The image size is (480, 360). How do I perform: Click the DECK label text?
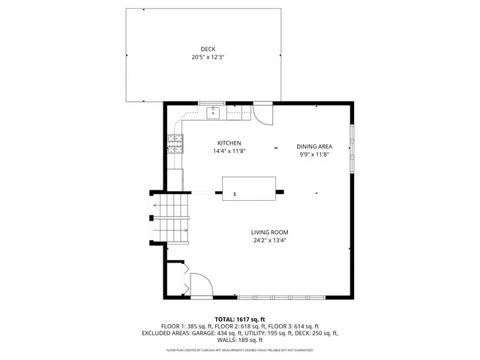[197, 49]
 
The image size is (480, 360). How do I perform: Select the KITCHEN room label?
[229, 142]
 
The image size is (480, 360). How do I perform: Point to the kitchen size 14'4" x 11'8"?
[229, 151]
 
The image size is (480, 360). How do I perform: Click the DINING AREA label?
[314, 146]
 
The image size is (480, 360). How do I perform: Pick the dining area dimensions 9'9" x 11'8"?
[314, 154]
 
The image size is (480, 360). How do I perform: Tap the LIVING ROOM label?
[270, 232]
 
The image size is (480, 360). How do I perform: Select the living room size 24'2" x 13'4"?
[270, 240]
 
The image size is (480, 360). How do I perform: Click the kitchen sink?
[213, 113]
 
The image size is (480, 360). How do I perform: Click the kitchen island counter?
[248, 187]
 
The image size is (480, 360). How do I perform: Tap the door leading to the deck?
[262, 112]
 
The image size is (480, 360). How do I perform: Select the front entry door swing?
[201, 286]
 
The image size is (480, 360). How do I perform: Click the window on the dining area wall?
[352, 147]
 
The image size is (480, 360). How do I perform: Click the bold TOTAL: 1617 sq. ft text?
[241, 319]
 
